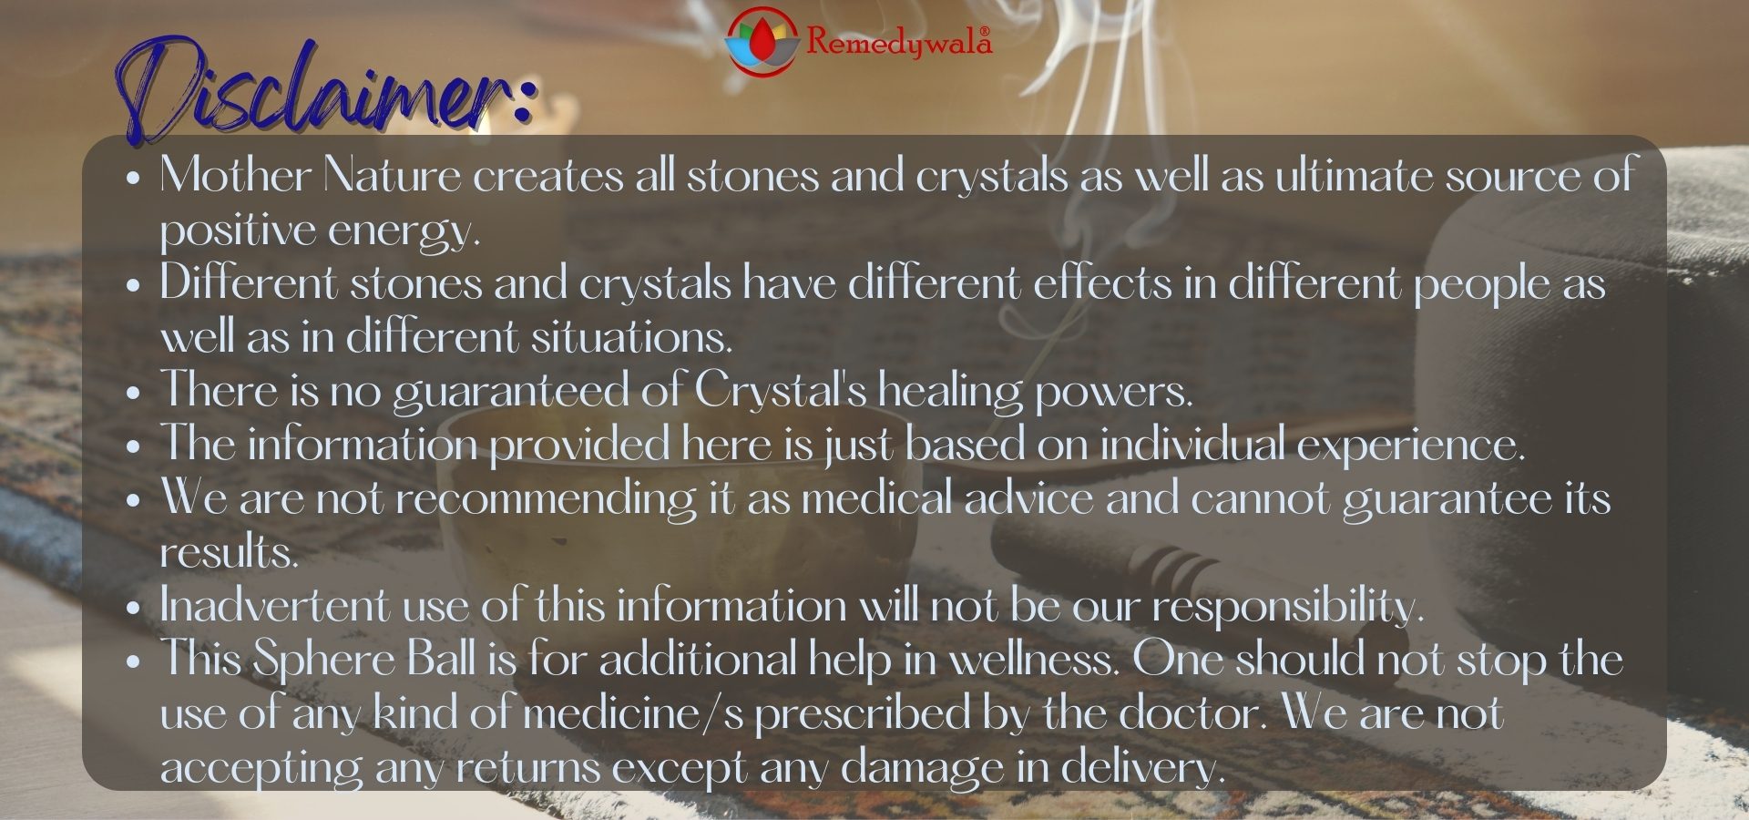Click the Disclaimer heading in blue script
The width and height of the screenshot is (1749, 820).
pyautogui.click(x=323, y=91)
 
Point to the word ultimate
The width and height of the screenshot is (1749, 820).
pyautogui.click(x=1354, y=175)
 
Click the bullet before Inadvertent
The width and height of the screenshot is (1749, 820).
pyautogui.click(x=134, y=609)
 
